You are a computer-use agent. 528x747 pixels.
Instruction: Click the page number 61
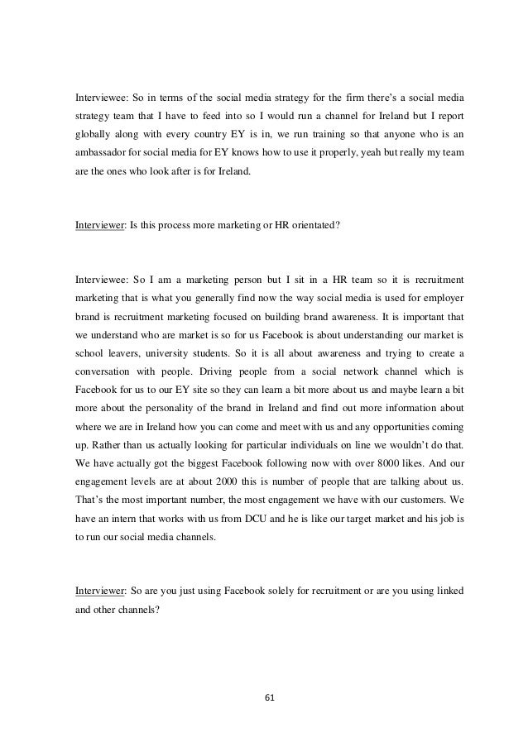click(264, 697)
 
